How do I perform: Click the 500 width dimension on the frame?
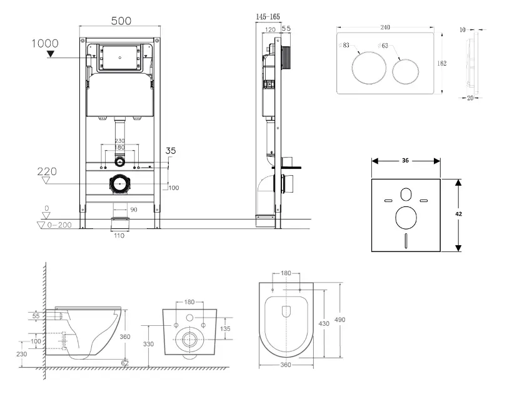tap(121, 21)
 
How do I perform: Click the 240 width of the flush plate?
tap(386, 28)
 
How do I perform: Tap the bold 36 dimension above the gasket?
tap(405, 161)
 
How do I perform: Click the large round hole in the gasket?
tap(406, 218)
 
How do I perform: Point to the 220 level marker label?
tap(48, 171)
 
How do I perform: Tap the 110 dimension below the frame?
tap(119, 236)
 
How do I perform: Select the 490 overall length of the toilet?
tap(340, 319)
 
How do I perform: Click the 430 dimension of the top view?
tap(324, 323)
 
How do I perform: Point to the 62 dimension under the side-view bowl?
tap(125, 362)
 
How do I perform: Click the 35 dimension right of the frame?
tap(171, 151)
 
